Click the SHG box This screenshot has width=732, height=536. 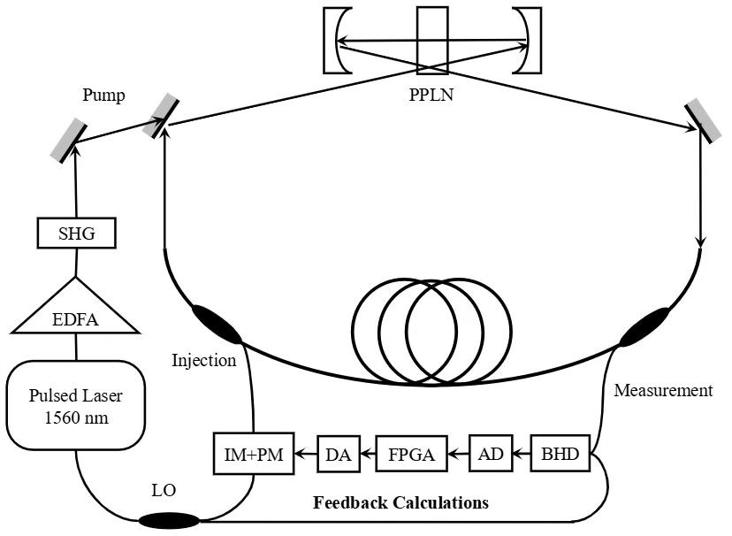(77, 234)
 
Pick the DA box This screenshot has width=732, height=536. (337, 456)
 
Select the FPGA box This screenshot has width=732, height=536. (411, 456)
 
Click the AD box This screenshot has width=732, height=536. (488, 456)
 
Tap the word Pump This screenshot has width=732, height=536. (103, 94)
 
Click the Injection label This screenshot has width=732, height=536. (205, 360)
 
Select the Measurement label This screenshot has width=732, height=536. (663, 390)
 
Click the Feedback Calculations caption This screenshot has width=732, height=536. (400, 503)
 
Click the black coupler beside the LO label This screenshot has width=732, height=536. (165, 520)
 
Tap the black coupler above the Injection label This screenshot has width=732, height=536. (217, 324)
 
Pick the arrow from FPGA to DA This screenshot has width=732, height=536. (365, 456)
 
